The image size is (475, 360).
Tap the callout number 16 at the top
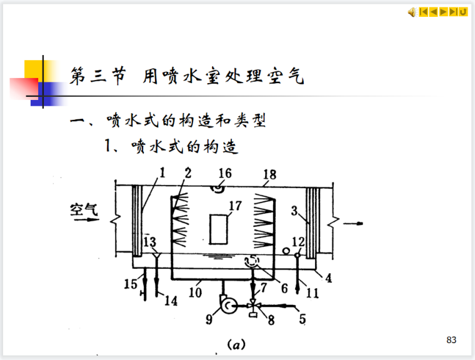click(x=225, y=172)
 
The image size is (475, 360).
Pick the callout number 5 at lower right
click(x=302, y=318)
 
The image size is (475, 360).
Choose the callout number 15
click(x=130, y=284)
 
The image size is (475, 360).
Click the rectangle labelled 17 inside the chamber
click(x=218, y=229)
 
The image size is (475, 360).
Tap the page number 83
click(x=452, y=340)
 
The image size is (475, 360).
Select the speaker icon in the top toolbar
click(x=412, y=12)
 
